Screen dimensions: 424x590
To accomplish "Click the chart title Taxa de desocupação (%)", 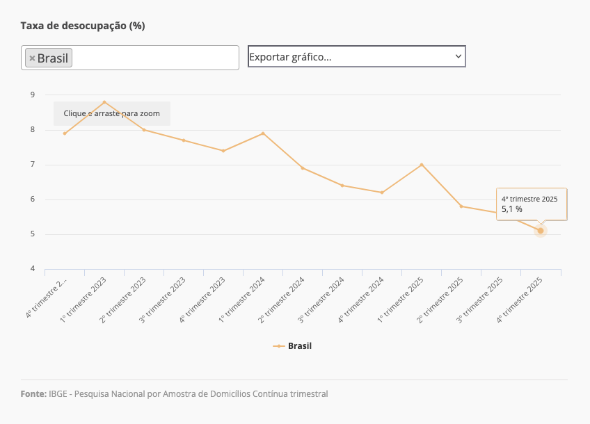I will click(x=83, y=26).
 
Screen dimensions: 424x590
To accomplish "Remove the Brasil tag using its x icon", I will click(x=32, y=58).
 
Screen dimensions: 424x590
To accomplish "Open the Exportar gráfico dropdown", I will click(x=356, y=56).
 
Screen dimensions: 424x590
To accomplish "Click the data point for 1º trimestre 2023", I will click(x=104, y=102).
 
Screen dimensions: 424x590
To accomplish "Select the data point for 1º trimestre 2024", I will click(x=263, y=133).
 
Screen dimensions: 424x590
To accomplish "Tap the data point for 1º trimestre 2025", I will click(x=422, y=165).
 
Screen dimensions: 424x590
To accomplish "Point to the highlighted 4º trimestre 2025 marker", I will click(x=541, y=231).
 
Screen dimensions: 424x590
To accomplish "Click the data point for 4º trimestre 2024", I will click(x=382, y=193).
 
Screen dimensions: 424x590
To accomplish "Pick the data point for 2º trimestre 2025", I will click(x=461, y=206).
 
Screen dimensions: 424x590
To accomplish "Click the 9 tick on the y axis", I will click(x=32, y=95).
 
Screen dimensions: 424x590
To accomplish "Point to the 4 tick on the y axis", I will click(x=32, y=269).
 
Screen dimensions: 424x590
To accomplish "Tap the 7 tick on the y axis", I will click(x=32, y=165).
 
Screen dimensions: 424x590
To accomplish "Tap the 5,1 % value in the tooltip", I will click(x=512, y=209).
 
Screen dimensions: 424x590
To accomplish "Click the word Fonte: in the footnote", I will click(x=33, y=394).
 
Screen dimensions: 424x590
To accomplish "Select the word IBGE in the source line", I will click(x=58, y=394).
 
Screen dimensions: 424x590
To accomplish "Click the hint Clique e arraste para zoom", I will click(x=111, y=113).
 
